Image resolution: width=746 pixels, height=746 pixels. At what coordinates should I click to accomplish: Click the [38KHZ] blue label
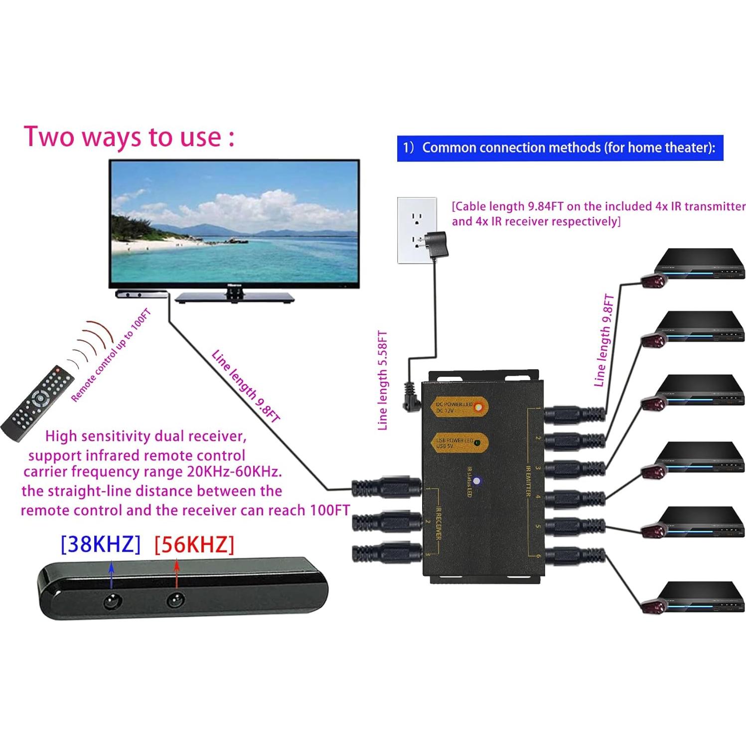click(100, 544)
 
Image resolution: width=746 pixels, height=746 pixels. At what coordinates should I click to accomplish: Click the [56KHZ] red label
click(194, 544)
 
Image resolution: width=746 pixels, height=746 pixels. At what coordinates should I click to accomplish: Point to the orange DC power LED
click(478, 408)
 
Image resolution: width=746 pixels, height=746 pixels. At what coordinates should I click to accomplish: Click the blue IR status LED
click(477, 481)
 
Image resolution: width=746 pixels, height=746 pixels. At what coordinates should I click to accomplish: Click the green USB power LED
click(477, 443)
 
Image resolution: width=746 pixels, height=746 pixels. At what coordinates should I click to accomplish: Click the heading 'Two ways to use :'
click(129, 137)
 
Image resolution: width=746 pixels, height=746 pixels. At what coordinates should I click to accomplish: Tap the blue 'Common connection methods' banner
click(560, 148)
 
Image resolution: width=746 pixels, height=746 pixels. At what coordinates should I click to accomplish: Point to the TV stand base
click(235, 298)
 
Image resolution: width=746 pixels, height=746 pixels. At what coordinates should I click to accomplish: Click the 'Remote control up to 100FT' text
click(111, 355)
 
